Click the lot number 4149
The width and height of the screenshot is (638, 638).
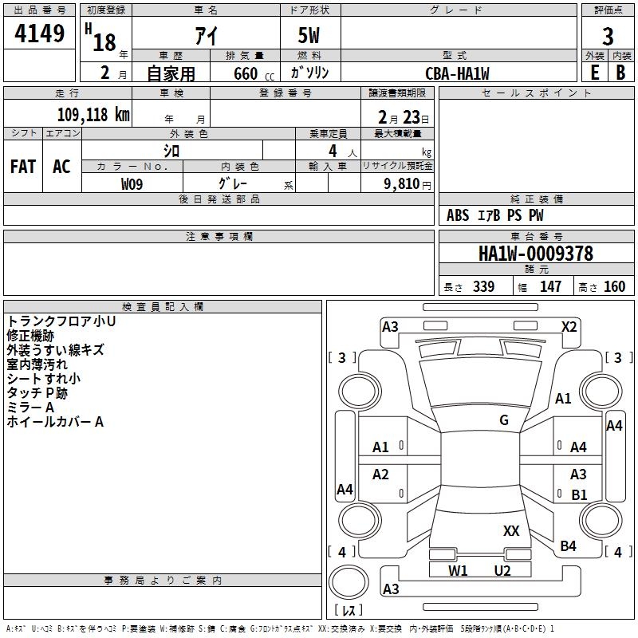40,34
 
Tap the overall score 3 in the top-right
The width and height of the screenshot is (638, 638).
608,36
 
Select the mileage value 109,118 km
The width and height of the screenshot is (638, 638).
93,114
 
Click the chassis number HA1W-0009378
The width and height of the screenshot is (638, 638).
535,254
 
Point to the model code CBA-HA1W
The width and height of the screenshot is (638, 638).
457,73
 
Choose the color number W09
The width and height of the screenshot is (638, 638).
132,183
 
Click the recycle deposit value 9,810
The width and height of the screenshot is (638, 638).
401,183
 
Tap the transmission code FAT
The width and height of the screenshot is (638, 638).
22,166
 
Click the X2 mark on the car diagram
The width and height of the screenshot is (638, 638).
569,326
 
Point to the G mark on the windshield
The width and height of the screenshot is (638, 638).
504,420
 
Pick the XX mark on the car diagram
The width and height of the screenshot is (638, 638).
511,530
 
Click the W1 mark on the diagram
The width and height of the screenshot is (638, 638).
458,570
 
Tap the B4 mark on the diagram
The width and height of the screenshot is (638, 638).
568,545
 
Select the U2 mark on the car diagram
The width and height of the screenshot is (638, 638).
502,570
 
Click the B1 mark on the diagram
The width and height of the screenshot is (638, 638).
579,494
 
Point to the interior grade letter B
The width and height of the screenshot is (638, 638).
620,72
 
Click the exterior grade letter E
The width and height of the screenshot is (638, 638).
594,72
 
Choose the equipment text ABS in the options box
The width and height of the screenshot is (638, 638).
458,215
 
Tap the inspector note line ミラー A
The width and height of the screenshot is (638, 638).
30,408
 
